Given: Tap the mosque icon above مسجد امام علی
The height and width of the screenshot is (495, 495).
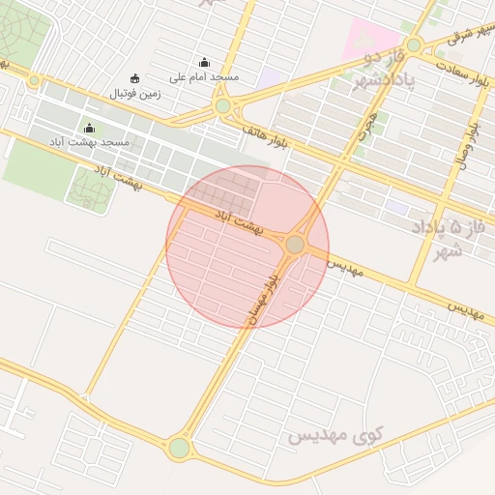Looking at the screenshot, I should tap(204, 62).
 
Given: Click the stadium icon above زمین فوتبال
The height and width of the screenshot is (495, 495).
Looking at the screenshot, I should tap(134, 78).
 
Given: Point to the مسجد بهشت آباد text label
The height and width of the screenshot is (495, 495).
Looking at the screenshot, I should tap(90, 143).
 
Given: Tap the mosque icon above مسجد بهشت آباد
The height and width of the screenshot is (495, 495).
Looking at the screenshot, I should tap(90, 129).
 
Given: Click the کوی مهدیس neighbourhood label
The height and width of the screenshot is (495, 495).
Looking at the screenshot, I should tap(335, 436).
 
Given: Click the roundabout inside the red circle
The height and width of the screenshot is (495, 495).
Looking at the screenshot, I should tap(295, 246).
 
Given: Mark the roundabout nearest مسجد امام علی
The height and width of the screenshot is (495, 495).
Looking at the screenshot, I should tap(223, 105).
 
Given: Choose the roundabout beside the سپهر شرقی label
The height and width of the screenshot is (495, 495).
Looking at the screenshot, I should tap(414, 44).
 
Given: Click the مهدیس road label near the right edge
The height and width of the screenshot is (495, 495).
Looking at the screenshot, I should tap(464, 310).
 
